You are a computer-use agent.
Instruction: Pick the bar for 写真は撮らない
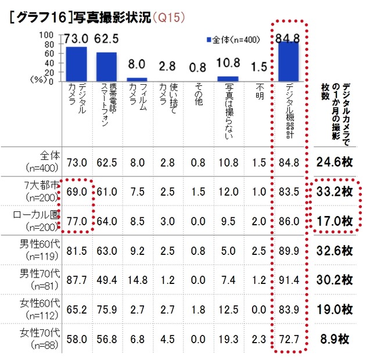[x=228, y=79]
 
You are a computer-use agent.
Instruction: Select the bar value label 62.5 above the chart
[x=106, y=40]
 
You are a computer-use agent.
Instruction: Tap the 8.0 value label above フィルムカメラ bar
[x=137, y=64]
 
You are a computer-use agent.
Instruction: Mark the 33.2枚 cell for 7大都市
[x=335, y=192]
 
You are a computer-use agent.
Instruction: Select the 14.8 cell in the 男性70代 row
[x=137, y=280]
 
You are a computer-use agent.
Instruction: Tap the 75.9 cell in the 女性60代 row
[x=106, y=310]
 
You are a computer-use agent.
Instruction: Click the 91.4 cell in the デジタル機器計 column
[x=288, y=280]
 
